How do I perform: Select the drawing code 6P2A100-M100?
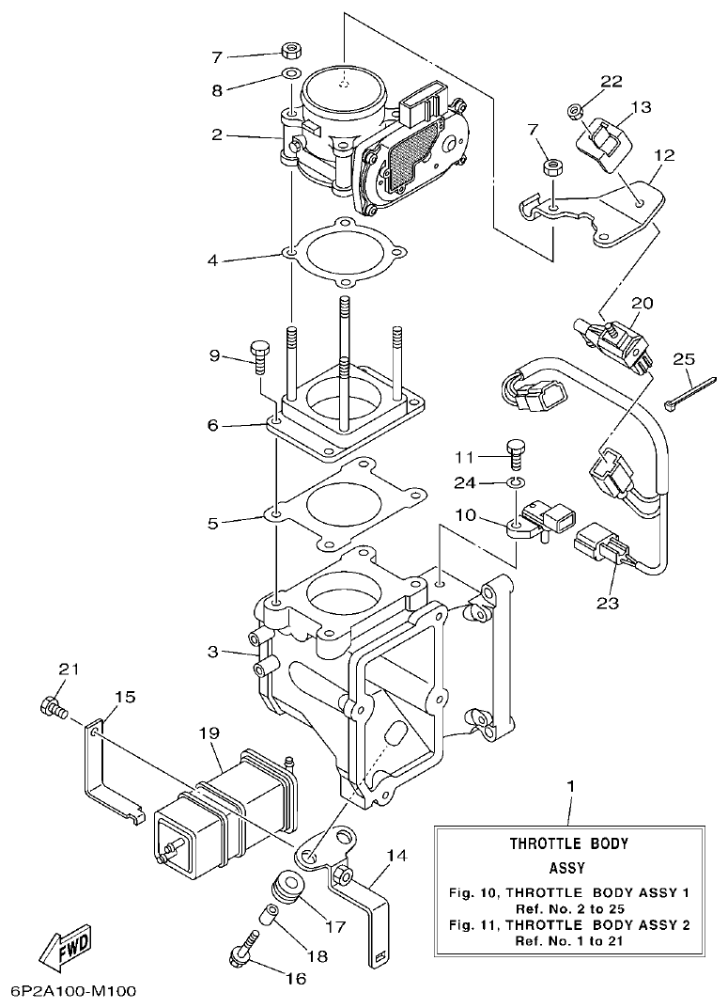(x=74, y=991)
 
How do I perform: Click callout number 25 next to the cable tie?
(x=683, y=359)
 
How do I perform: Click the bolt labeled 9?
(x=260, y=360)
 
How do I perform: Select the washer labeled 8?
(x=291, y=73)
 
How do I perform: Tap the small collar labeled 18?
(x=271, y=914)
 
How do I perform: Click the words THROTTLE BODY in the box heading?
(x=568, y=843)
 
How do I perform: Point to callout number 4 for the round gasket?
(x=212, y=260)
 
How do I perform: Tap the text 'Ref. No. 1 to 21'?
(x=568, y=940)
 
